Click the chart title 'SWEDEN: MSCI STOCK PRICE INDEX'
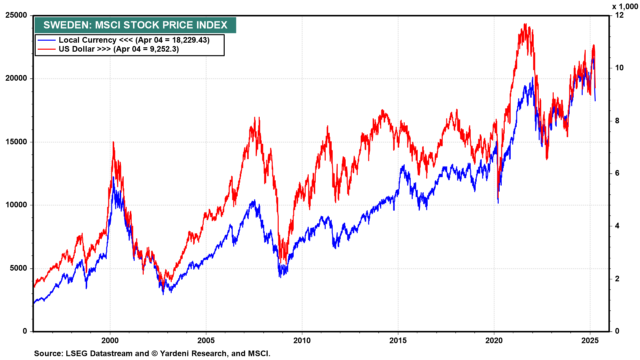135,25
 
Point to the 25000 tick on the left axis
16,15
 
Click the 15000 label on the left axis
16,142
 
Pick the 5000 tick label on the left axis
18,268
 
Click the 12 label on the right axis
619,15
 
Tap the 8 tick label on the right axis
617,121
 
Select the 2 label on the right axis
617,279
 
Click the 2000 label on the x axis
110,340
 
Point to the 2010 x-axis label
302,340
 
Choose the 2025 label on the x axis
590,340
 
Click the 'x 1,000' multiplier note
625,7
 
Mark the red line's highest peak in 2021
525,24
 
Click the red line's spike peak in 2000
113,142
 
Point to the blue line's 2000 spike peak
113,177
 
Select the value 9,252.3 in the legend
163,49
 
